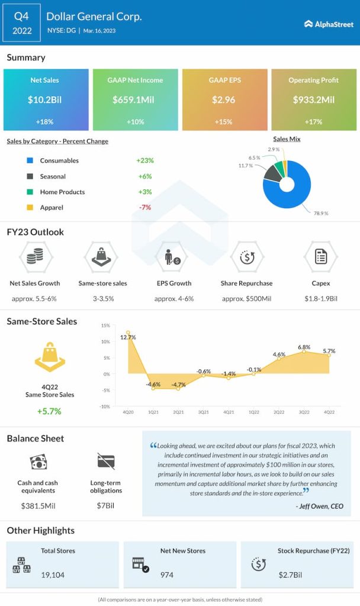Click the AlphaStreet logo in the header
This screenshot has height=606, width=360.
pyautogui.click(x=328, y=24)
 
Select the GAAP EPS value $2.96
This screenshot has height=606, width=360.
pyautogui.click(x=223, y=100)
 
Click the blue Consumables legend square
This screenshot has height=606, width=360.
pyautogui.click(x=30, y=161)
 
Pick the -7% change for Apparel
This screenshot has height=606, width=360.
pyautogui.click(x=144, y=208)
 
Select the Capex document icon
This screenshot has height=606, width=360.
pyautogui.click(x=320, y=257)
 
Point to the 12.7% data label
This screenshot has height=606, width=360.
pyautogui.click(x=128, y=337)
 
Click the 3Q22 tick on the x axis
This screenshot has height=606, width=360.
pyautogui.click(x=304, y=412)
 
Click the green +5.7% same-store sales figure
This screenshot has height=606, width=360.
pyautogui.click(x=50, y=411)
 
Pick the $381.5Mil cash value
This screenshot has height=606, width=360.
pyautogui.click(x=37, y=506)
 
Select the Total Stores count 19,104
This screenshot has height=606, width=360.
pyautogui.click(x=53, y=575)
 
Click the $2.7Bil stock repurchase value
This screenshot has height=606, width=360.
pyautogui.click(x=291, y=575)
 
